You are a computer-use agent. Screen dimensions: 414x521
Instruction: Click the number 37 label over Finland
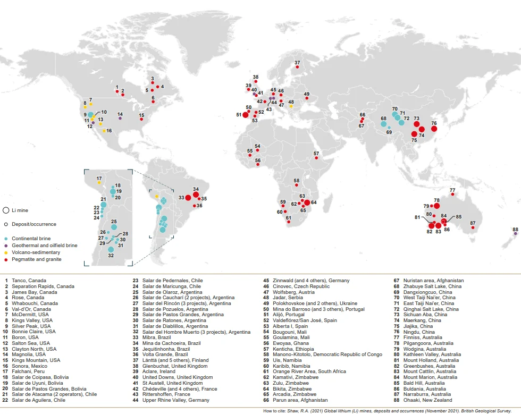point(297,63)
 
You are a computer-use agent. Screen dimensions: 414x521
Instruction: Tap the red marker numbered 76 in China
point(434,129)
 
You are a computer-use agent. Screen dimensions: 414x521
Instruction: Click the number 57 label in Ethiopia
point(316,154)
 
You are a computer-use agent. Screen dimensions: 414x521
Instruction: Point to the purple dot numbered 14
point(120,119)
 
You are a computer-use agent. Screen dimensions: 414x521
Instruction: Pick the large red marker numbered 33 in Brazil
point(188,198)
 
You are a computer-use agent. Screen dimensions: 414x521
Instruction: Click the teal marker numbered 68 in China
point(383,124)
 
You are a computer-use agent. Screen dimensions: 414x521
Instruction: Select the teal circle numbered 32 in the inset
point(111,249)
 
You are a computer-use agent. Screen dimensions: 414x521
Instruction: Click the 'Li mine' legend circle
point(6,210)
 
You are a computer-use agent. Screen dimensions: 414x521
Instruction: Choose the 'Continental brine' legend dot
point(6,239)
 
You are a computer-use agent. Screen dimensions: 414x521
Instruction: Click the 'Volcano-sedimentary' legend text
point(36,252)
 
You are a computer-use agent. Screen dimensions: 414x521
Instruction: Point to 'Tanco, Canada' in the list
point(30,281)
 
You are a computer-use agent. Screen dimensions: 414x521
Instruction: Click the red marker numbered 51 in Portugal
point(245,115)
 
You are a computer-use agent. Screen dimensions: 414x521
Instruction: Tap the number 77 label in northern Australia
point(452,190)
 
